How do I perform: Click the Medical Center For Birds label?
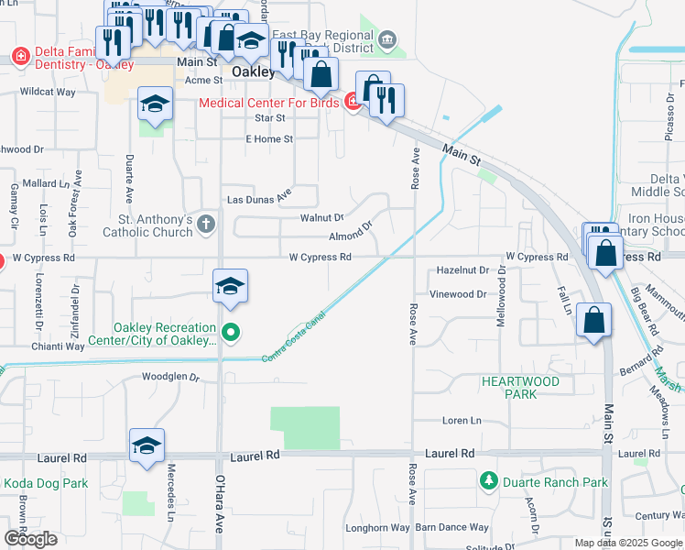coord(271,103)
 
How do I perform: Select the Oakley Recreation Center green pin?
coord(230,332)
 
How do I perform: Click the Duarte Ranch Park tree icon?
coord(488,480)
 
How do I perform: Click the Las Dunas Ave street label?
coord(258,197)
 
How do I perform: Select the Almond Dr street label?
coord(352,233)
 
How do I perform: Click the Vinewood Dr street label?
coord(459,294)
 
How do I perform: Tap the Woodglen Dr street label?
coord(170,377)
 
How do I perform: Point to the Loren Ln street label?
coord(462,421)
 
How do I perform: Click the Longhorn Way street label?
coord(377,527)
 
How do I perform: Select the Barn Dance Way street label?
coord(451,527)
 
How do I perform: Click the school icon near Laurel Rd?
coord(147,445)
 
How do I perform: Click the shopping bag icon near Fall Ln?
coord(594,321)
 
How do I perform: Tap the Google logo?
coord(30,539)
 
